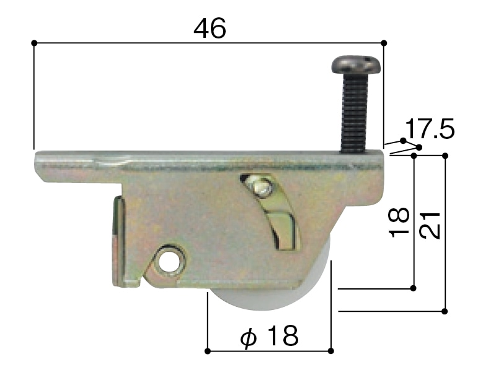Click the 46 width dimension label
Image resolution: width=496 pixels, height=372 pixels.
(210, 28)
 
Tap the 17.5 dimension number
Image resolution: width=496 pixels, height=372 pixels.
(429, 129)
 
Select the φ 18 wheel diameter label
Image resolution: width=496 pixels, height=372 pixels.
(269, 335)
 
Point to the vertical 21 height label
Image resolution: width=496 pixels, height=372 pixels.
(430, 225)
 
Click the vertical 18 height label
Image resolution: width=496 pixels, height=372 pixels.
(399, 223)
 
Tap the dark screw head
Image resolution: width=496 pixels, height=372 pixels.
(356, 65)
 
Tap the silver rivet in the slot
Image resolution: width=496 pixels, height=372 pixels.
(262, 188)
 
